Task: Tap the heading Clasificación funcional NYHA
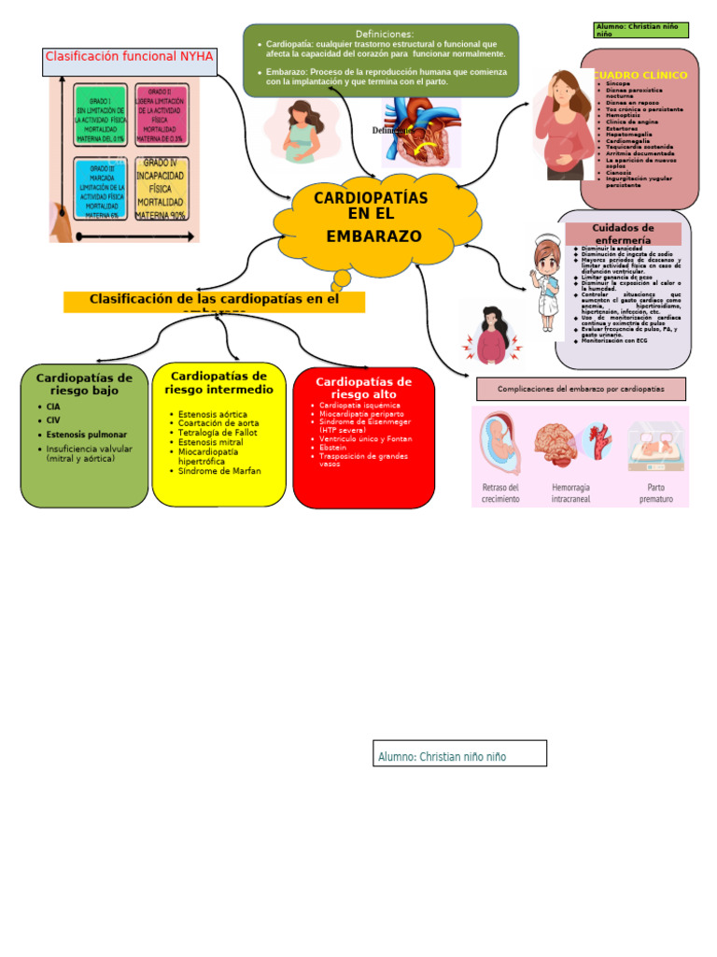click(x=130, y=57)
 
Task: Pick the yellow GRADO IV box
click(x=161, y=188)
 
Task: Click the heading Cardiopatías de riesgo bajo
click(x=84, y=384)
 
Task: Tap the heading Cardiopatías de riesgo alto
click(x=364, y=388)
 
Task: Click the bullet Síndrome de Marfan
click(x=219, y=471)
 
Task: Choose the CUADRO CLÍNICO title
click(x=640, y=75)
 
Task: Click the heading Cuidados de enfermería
click(x=623, y=234)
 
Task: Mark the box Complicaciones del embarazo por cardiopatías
click(x=581, y=389)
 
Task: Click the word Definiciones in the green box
click(x=385, y=34)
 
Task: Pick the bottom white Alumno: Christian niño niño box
click(x=459, y=753)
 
